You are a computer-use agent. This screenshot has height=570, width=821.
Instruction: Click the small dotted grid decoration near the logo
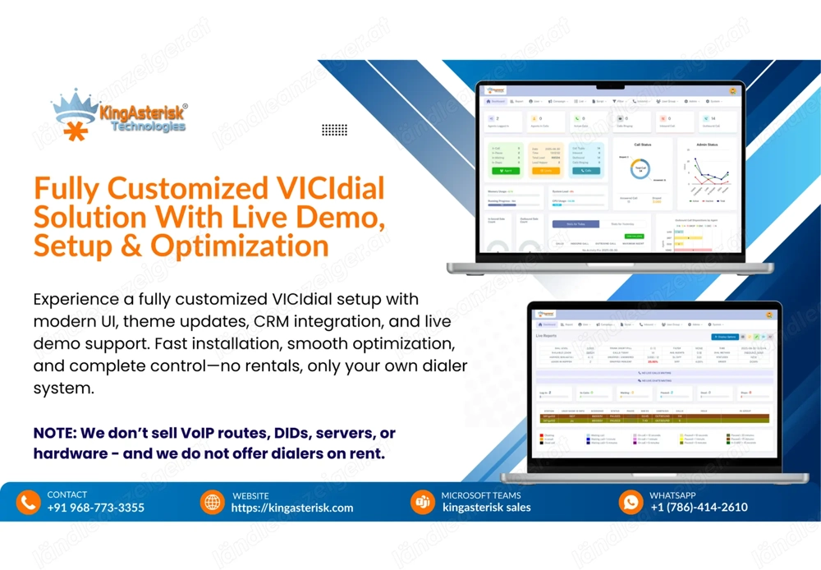[334, 130]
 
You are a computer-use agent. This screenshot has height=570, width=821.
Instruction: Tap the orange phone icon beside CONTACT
[28, 502]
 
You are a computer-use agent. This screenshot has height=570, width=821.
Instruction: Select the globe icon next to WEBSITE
[213, 502]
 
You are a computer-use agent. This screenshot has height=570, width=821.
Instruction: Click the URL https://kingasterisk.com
[291, 508]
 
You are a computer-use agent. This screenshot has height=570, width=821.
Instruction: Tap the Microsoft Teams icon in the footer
[423, 502]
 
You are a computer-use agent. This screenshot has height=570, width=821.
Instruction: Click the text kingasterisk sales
[486, 508]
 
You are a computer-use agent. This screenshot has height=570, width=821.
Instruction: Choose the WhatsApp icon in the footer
[631, 502]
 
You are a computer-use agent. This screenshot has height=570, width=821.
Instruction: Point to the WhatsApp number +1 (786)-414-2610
[699, 508]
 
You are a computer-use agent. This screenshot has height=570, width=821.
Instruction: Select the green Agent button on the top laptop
[507, 171]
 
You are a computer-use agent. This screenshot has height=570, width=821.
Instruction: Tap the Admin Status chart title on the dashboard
[706, 145]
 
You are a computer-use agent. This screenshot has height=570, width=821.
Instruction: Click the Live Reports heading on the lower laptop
[546, 337]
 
